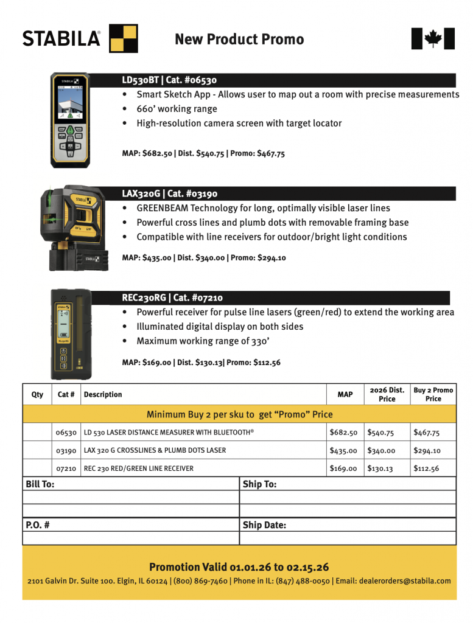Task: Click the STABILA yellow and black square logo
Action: [123, 38]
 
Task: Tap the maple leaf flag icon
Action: [433, 39]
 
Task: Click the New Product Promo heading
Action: [239, 40]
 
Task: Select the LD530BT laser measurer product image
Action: [71, 120]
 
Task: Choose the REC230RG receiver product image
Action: [71, 332]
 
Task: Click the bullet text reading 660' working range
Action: [177, 109]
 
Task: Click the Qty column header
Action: [37, 394]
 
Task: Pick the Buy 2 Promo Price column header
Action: [433, 394]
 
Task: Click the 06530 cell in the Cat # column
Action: [66, 433]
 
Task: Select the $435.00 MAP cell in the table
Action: [343, 451]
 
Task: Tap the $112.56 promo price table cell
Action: [426, 468]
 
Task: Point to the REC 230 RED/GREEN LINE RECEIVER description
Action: [147, 468]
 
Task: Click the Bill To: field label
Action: [40, 484]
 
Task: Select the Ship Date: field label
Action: [264, 525]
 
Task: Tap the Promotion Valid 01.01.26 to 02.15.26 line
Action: [239, 567]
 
